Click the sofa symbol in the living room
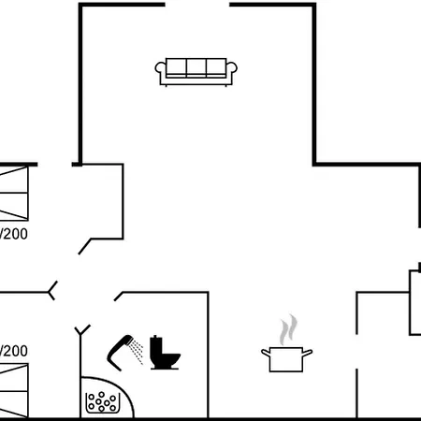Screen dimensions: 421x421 196,72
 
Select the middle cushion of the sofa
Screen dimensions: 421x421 196,67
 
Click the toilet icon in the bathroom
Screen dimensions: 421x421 165,353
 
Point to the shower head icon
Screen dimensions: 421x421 120,353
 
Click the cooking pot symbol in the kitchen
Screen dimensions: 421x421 286,359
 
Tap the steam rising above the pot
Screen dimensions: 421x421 288,329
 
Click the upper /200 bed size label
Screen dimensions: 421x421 14,234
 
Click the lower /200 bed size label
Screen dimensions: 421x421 14,351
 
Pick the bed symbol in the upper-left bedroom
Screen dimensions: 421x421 14,194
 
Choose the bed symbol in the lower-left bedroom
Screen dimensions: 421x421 14,390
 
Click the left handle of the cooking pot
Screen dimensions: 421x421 266,353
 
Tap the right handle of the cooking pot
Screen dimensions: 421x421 307,353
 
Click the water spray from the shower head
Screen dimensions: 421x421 138,352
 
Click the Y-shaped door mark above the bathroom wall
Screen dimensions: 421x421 82,330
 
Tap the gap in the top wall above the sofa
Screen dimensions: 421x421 197,5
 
